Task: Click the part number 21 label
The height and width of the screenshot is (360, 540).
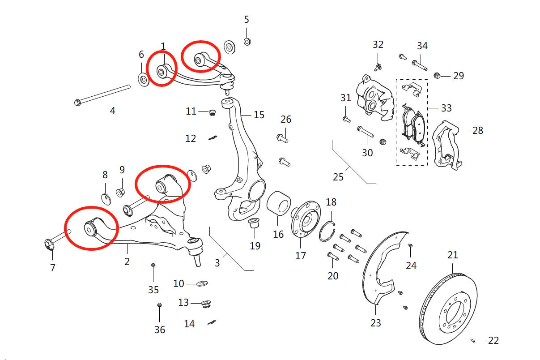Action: [452, 255]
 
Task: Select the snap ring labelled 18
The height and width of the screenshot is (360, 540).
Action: [327, 231]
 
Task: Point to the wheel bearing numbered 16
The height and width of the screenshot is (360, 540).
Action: [279, 203]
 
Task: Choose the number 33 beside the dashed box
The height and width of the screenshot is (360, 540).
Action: [446, 108]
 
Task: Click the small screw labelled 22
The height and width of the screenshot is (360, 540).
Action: [473, 341]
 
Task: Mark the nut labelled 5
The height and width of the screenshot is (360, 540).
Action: [247, 42]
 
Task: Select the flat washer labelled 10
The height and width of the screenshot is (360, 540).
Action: [202, 283]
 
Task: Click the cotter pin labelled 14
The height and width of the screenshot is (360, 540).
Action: [212, 322]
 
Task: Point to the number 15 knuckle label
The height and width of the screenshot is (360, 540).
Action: [259, 115]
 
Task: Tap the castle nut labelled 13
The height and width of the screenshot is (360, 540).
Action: [206, 304]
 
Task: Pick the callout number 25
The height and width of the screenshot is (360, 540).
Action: [338, 177]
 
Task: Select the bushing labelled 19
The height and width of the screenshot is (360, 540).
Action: [254, 223]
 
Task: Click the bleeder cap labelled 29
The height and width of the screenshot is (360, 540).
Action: [437, 76]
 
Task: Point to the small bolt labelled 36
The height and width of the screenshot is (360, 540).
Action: [159, 305]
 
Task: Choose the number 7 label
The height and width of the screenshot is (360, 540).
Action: [53, 268]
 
